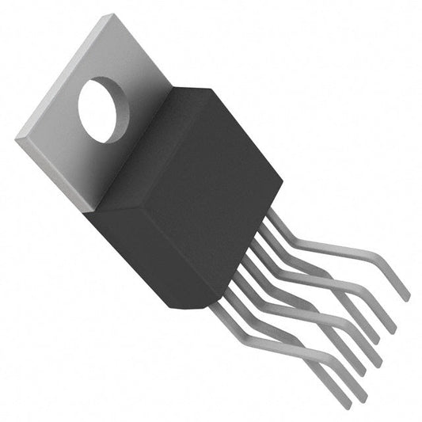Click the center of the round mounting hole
(x=106, y=110)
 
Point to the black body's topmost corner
(x=208, y=89)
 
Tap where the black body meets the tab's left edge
(x=99, y=207)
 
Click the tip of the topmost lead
(x=407, y=298)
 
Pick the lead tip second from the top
(x=392, y=329)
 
